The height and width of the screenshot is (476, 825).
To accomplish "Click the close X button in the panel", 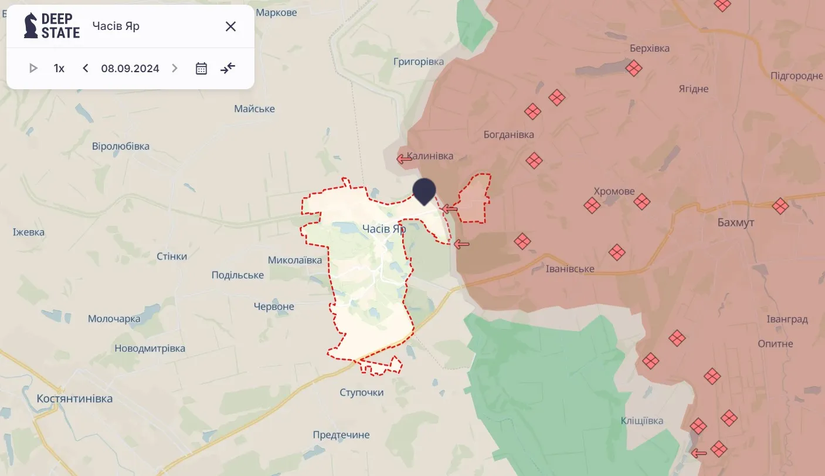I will (x=230, y=26).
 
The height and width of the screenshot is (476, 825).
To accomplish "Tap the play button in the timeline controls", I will (x=33, y=68).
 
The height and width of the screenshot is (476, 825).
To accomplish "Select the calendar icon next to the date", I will (x=201, y=68).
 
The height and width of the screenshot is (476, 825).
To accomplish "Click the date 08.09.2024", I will (x=130, y=68).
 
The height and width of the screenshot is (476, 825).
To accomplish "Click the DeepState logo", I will (x=52, y=26).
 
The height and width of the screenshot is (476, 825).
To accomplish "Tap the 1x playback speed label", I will (x=59, y=68).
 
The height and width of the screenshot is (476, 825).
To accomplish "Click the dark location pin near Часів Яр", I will (x=424, y=191).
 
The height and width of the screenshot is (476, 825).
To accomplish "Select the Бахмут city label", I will (x=736, y=222).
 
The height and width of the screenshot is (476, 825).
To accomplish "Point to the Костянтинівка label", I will (x=74, y=399).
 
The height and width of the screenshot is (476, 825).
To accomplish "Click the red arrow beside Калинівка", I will (x=404, y=158).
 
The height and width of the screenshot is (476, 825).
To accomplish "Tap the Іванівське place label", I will (x=570, y=269).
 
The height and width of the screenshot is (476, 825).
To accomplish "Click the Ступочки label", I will (x=361, y=392).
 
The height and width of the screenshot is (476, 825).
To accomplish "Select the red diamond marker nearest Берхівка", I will (x=633, y=68).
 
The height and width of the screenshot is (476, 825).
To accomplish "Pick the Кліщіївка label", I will (x=642, y=421).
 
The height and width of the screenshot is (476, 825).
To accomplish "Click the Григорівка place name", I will (x=419, y=62).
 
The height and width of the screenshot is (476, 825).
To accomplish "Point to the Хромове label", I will (x=614, y=191).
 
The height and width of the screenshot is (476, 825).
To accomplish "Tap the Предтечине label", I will (x=341, y=435).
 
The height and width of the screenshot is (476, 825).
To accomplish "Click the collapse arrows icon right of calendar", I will (x=228, y=68).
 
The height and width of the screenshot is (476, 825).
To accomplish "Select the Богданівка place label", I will (x=508, y=134).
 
